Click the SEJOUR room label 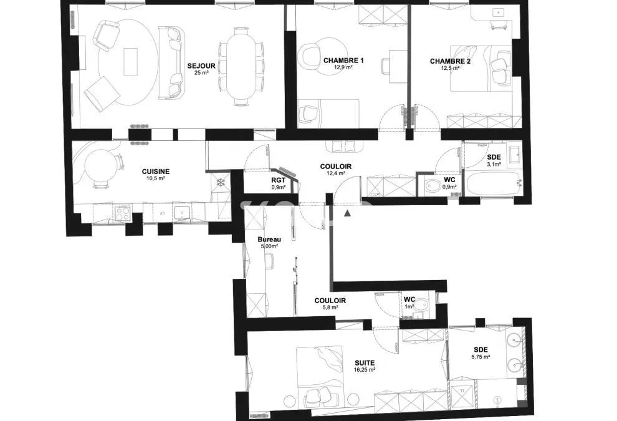(201, 65)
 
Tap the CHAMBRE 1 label (343, 60)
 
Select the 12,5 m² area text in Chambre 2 (450, 68)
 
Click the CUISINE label (156, 172)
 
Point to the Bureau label (269, 240)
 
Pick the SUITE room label (365, 363)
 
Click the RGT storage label (278, 181)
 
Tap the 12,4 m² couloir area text (336, 173)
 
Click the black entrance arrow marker (347, 213)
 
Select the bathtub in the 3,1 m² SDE (494, 183)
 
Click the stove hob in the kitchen (123, 213)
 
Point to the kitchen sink (182, 213)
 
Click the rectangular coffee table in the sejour (130, 62)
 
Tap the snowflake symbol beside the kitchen (221, 182)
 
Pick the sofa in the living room (171, 62)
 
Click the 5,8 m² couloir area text (329, 307)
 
